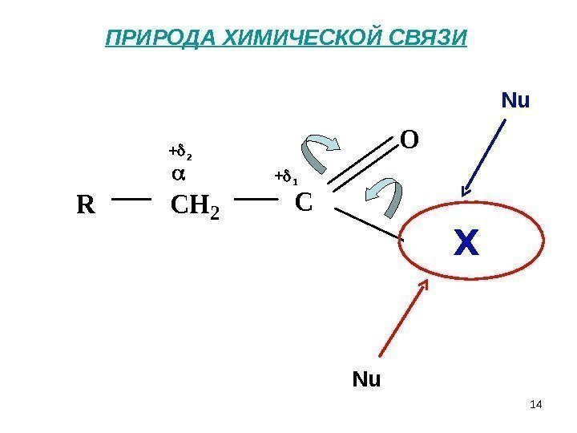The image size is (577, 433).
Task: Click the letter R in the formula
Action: [85, 206]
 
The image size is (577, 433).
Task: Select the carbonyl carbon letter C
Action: [303, 202]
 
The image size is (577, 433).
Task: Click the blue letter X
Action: [466, 243]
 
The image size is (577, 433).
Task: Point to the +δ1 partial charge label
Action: [286, 176]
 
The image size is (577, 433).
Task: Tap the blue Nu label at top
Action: [516, 101]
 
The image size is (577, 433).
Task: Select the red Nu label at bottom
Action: [367, 378]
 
